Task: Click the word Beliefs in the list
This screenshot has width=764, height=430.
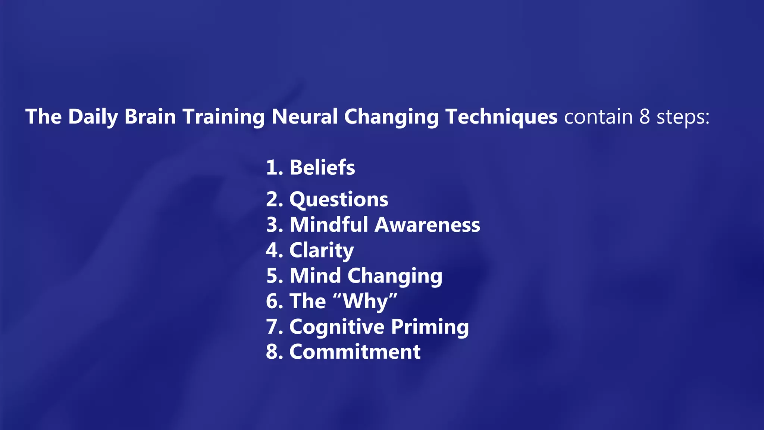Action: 322,167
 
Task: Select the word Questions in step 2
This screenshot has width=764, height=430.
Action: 339,199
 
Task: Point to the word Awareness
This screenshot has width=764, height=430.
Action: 427,225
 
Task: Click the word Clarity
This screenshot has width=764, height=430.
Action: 322,250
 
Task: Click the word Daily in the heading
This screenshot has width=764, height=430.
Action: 93,116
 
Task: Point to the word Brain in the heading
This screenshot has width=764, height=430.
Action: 150,116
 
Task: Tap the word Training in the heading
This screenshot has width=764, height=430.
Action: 223,116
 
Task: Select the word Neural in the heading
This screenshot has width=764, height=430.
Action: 304,116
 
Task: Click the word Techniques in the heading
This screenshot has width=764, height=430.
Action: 501,116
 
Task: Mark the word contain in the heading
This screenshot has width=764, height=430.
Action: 598,116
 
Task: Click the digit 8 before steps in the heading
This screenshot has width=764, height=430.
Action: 645,116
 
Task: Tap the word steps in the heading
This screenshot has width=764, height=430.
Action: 683,117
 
